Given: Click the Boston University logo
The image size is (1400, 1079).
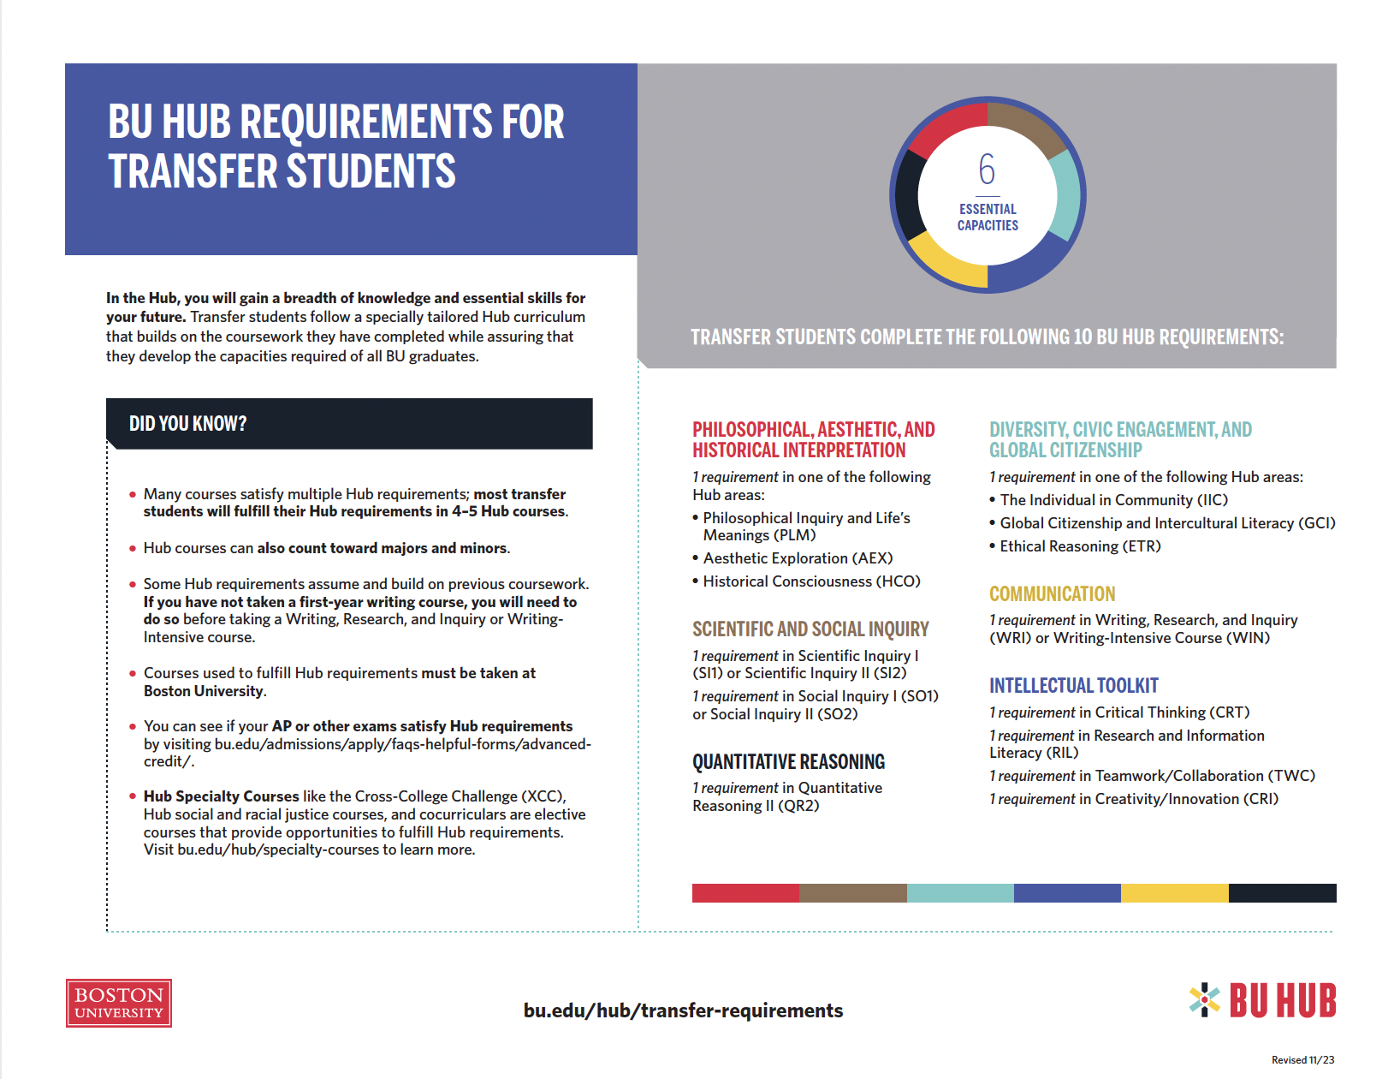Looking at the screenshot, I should [x=118, y=1003].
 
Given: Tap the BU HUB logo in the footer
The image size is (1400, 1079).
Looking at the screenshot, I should [x=1263, y=1000].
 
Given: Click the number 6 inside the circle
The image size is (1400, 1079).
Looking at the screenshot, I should [x=987, y=170].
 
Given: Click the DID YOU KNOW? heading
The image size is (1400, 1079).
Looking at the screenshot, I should [x=187, y=424].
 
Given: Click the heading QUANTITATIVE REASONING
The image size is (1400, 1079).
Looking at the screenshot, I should [x=788, y=761].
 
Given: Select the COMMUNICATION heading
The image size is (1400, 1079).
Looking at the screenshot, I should [x=1052, y=593].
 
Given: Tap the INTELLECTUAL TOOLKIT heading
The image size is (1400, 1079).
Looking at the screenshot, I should [x=1073, y=685].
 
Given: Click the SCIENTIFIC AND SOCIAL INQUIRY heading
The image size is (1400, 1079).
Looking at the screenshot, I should [x=810, y=629].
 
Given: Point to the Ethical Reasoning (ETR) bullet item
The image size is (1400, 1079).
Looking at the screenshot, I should [x=1079, y=546].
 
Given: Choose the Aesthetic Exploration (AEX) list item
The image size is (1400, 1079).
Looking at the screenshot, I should [x=797, y=558].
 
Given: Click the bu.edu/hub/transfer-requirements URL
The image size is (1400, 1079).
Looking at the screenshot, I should [x=683, y=1010].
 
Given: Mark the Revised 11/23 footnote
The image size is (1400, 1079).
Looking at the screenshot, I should [x=1302, y=1060].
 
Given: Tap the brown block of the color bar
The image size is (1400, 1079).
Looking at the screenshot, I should [x=852, y=893].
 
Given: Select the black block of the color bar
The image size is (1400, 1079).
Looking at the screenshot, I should [x=1282, y=893].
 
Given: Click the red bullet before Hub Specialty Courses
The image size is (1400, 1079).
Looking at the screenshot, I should [x=133, y=796].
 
